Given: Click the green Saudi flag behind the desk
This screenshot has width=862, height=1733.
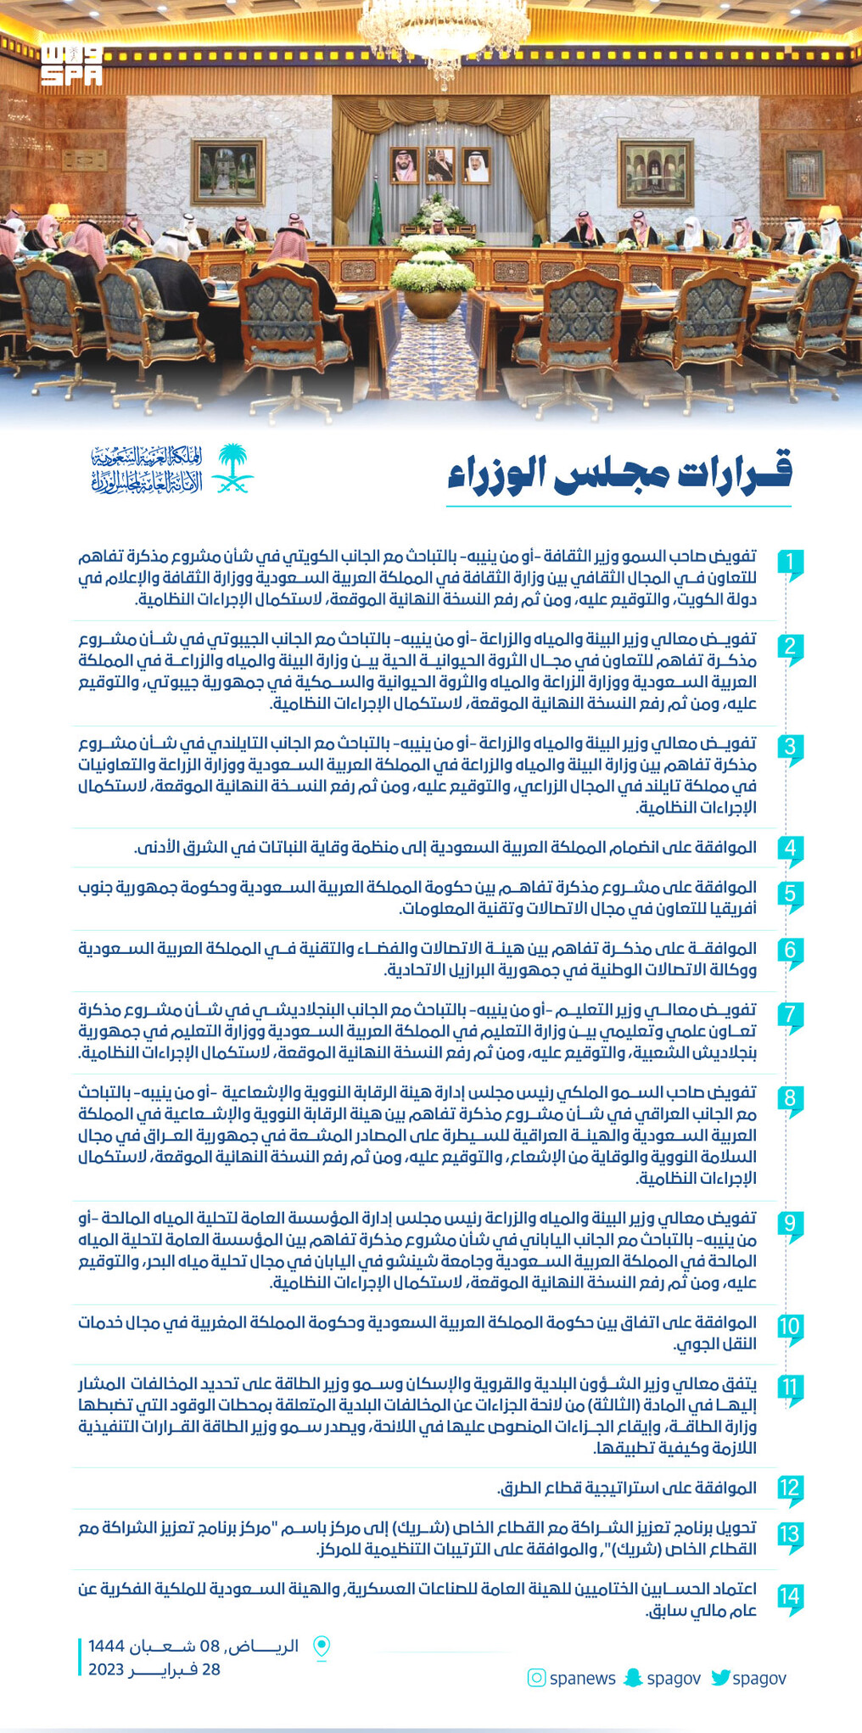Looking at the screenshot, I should click(376, 213).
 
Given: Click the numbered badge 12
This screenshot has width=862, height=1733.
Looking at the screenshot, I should click(789, 1489).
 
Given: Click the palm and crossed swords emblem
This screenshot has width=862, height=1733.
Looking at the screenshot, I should click(232, 469).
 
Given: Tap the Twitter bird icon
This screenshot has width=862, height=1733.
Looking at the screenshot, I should click(720, 1677).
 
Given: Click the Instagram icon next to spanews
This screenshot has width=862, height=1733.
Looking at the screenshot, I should click(536, 1677).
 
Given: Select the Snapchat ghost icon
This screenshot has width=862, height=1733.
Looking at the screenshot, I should click(633, 1677).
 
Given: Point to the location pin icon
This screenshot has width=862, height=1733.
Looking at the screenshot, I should click(322, 1646).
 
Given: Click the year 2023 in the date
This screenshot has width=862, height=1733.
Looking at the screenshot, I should click(106, 1669).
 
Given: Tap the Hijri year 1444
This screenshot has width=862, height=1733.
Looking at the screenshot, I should click(106, 1646).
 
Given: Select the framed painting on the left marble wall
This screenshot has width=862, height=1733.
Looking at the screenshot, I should click(227, 172).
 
